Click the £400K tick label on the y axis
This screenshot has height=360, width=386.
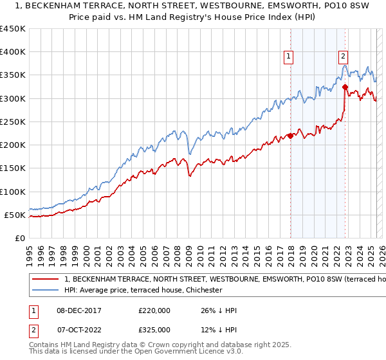click(13, 52)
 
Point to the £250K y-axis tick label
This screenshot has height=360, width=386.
click(13, 122)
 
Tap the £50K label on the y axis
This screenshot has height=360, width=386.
click(15, 215)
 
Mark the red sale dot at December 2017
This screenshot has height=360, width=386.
click(290, 136)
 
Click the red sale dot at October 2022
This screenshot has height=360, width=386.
click(345, 87)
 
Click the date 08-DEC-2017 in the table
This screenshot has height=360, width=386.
click(78, 310)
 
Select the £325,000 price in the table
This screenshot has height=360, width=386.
click(154, 329)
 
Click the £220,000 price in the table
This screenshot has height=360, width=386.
click(154, 310)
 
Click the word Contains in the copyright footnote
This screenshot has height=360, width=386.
click(44, 345)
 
